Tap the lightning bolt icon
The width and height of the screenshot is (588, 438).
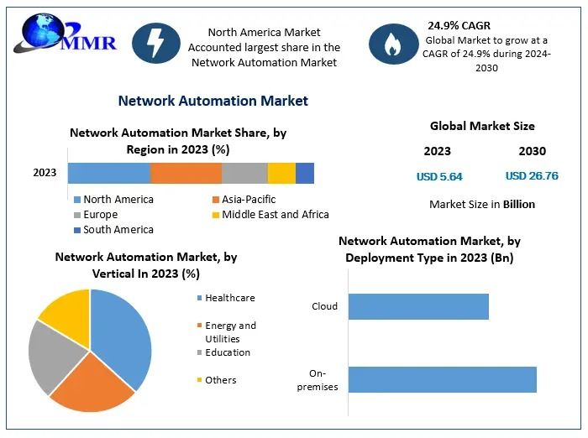tap(156, 41)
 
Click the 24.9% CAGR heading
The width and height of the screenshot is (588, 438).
tap(459, 26)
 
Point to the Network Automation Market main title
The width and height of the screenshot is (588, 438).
tap(213, 101)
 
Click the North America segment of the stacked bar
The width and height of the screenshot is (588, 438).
tap(109, 173)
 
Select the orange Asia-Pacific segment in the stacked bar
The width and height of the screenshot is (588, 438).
tap(186, 173)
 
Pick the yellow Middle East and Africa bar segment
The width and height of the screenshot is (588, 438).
tap(281, 173)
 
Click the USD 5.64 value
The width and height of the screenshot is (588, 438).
tap(439, 177)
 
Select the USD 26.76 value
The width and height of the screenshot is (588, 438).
tap(532, 176)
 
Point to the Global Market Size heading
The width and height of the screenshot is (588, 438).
tap(482, 127)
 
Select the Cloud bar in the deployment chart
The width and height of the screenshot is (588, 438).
tap(418, 306)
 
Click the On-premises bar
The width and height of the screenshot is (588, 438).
tap(442, 379)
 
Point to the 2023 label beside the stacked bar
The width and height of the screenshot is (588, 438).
tap(45, 173)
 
